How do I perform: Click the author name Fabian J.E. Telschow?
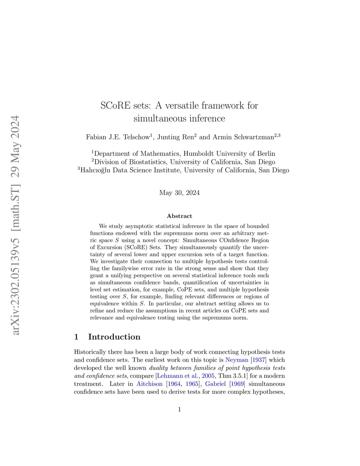tap(118, 137)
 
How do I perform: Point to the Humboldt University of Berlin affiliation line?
tap(184, 154)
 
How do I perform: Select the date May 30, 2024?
tap(179, 193)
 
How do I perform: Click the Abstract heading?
tap(179, 216)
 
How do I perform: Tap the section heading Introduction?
tap(114, 337)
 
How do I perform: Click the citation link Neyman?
tap(237, 360)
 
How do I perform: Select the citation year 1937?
tap(258, 360)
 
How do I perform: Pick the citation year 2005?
tap(208, 376)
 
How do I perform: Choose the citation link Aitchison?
tap(149, 384)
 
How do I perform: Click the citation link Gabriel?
tap(215, 384)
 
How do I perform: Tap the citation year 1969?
tap(237, 384)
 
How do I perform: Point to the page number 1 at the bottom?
tap(179, 409)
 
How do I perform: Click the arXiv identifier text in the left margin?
tap(15, 225)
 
